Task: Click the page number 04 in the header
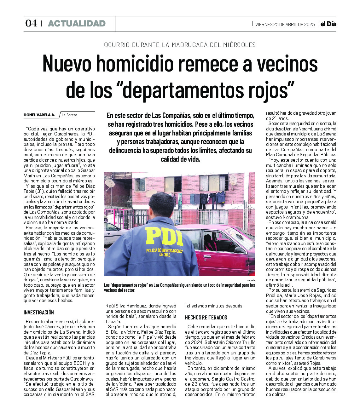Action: (x=31, y=23)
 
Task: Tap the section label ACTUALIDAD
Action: (x=77, y=23)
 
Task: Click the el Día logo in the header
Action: (x=328, y=24)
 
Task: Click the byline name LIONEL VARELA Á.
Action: (x=39, y=115)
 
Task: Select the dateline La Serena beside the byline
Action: (x=70, y=115)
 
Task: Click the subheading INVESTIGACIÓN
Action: (x=39, y=313)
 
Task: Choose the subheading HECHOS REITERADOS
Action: (x=206, y=318)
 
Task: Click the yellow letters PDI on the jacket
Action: (x=164, y=236)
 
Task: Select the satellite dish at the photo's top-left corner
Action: (x=109, y=184)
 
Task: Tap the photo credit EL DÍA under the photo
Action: (x=251, y=280)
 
